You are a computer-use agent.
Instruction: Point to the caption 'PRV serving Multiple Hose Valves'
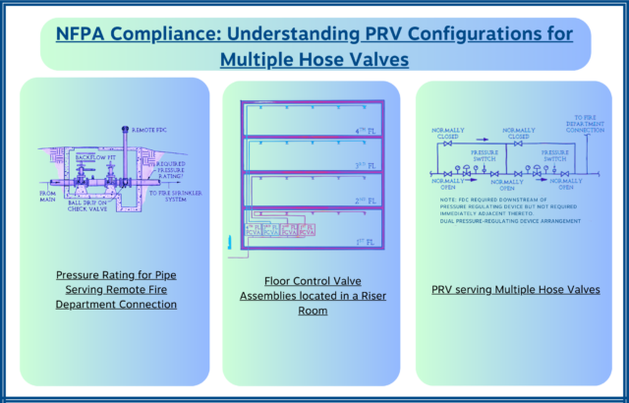[516, 290]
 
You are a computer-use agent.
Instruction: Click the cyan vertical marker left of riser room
[231, 242]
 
